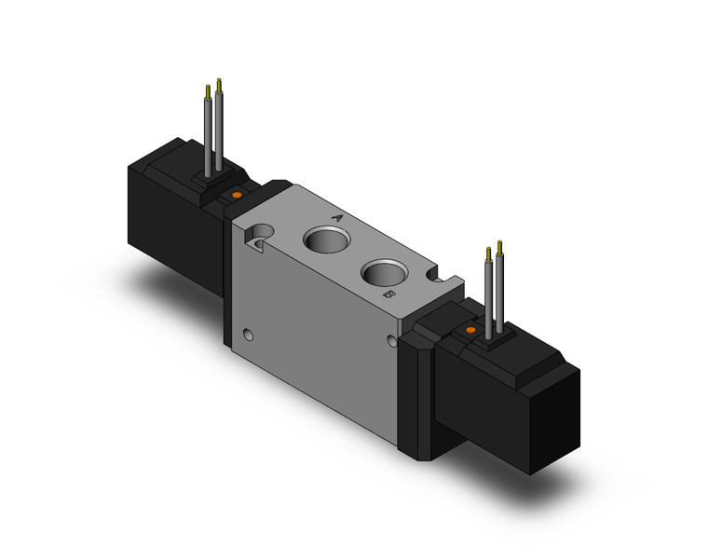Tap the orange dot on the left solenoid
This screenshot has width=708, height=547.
[237, 195]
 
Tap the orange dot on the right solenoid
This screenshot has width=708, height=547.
[470, 330]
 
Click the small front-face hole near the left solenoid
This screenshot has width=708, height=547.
[248, 333]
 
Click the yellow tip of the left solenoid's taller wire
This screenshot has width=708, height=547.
[219, 85]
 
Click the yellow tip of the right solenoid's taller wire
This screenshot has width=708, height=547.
[501, 247]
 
